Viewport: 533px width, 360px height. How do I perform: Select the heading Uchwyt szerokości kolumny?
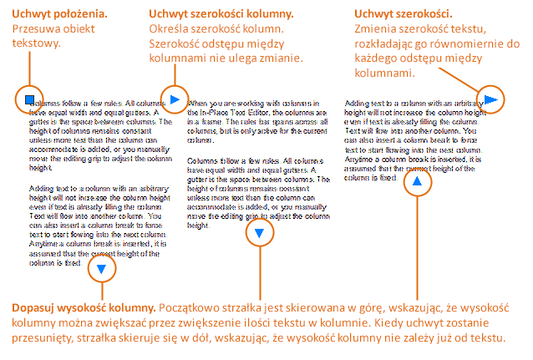tap(221, 14)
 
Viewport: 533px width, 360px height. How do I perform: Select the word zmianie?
tap(279, 59)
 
